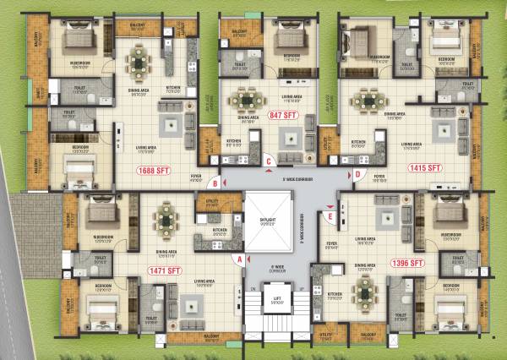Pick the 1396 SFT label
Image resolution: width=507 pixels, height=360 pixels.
click(409, 263)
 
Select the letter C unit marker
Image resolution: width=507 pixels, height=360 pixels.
click(268, 160)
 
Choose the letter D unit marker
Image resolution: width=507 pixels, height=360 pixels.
click(358, 175)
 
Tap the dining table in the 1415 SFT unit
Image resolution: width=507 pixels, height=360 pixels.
click(368, 101)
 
